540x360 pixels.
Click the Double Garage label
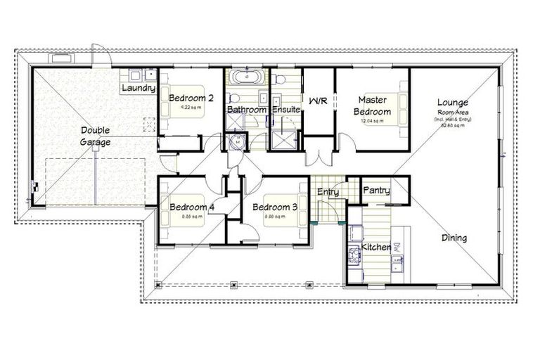tap(95, 136)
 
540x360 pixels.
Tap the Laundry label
tap(138, 89)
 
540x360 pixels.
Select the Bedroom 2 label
tap(191, 98)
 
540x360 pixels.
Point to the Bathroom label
tap(246, 110)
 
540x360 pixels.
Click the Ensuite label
tap(286, 110)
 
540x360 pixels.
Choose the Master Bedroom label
tap(372, 106)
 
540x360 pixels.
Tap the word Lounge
tap(451, 101)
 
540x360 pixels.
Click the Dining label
tap(454, 238)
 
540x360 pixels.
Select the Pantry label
tap(376, 191)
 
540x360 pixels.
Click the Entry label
tap(328, 192)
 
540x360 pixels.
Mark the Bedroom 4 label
tap(191, 207)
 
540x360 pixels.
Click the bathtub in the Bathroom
tap(247, 77)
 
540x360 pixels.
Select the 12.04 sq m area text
tap(372, 121)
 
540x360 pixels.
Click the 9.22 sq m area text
tap(191, 108)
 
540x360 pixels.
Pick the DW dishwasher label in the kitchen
tap(398, 248)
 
